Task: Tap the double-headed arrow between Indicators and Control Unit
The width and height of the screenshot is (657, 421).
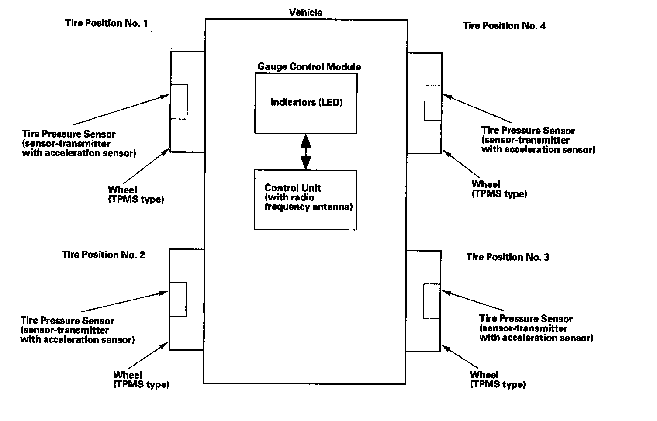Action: [306, 152]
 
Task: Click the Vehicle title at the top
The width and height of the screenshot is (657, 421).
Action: [306, 12]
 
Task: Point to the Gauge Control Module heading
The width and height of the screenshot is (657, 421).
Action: [309, 67]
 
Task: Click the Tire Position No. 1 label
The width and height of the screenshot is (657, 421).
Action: [107, 23]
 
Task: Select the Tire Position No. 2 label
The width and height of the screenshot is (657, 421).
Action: [104, 255]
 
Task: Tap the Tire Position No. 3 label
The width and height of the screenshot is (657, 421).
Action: [508, 257]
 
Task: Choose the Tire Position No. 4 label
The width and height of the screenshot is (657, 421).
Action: [504, 26]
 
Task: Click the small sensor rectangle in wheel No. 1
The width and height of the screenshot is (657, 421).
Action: [179, 101]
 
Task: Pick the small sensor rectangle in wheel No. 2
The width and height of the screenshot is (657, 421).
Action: [177, 300]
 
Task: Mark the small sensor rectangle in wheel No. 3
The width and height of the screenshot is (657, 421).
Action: [432, 301]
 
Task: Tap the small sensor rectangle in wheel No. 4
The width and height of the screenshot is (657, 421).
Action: [433, 103]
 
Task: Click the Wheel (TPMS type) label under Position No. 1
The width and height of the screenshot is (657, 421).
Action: [135, 195]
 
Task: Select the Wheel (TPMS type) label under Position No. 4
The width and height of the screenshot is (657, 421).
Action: [499, 189]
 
